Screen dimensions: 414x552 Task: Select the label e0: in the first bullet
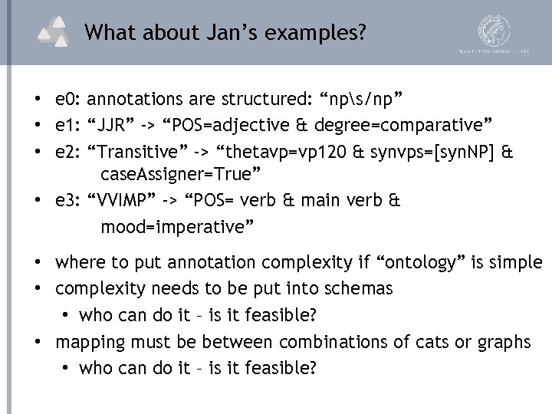tap(69, 99)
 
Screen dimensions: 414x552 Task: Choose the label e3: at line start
tap(69, 201)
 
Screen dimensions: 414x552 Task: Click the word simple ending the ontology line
tap(517, 263)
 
